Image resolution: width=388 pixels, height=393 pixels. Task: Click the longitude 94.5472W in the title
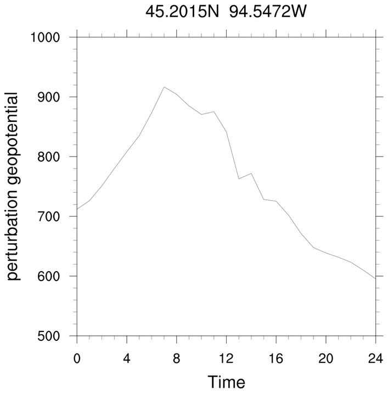260,11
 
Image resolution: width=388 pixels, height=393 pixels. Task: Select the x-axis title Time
226,381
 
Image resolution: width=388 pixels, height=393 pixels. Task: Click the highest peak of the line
164,87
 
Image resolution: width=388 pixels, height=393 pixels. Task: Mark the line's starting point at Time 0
77,209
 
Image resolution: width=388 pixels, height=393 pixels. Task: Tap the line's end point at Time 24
375,279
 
